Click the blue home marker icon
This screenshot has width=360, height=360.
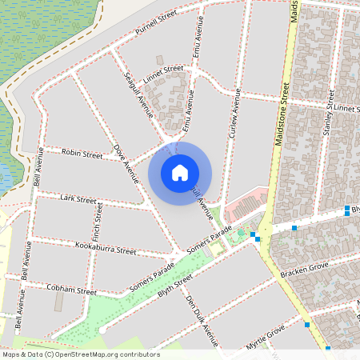[180, 173]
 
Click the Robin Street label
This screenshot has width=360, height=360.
[82, 152]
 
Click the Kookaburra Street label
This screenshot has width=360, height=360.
[105, 250]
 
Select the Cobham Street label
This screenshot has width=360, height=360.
[71, 289]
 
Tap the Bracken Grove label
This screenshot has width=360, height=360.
[304, 269]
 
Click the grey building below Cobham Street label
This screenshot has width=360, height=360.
[58, 302]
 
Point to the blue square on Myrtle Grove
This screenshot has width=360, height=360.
[307, 325]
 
